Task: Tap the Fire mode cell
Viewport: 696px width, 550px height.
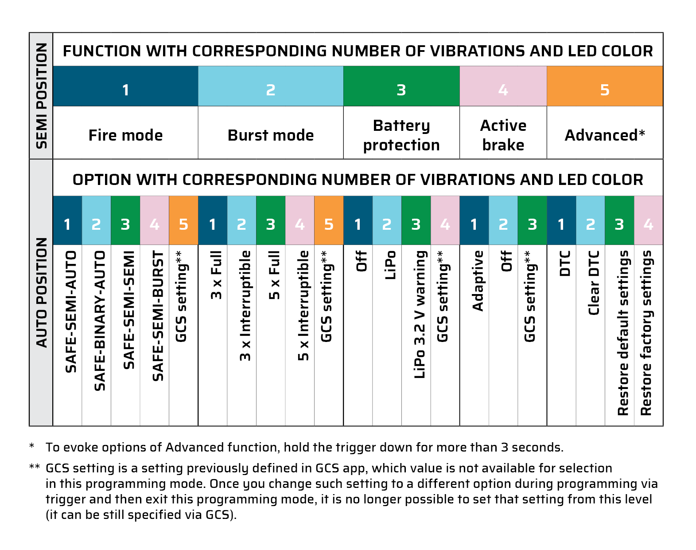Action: (125, 135)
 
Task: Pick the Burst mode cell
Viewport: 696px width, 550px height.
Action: (271, 135)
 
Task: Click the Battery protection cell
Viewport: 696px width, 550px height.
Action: (401, 135)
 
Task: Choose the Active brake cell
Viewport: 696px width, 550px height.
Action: (503, 135)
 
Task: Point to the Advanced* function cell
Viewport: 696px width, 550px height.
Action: (605, 135)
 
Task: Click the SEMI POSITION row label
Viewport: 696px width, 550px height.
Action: (41, 96)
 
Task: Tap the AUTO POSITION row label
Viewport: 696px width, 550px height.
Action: (41, 293)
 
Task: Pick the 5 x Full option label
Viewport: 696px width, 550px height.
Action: (274, 275)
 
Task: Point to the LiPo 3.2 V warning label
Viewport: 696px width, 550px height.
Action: (420, 314)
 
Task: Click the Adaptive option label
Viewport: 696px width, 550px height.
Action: (478, 281)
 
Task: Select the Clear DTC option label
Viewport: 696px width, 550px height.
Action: (594, 283)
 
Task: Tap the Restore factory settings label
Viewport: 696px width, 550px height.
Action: (646, 333)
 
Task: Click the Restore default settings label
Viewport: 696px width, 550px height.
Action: (623, 333)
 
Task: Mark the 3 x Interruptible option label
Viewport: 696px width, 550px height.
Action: (245, 306)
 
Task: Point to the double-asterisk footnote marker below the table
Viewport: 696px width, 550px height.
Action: (34, 467)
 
